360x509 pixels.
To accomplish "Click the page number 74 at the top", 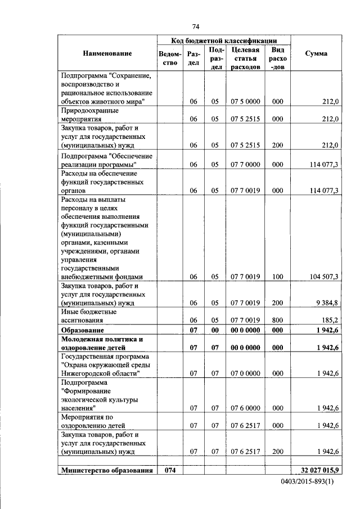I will coord(196,26).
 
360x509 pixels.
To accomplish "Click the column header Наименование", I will coord(107,53).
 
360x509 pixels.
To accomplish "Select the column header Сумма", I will coord(316,53).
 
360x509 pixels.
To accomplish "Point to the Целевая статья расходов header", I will coord(245,58).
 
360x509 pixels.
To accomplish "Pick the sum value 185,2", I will coord(329,320).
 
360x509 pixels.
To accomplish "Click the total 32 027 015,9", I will coord(317,470).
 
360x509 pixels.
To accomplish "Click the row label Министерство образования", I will coord(107,470).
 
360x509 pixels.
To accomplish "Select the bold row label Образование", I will coord(83,330).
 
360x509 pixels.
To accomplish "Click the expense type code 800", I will coord(277,320).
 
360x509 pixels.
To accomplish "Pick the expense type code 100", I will coord(277,277).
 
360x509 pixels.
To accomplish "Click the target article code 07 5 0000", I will coord(245,102).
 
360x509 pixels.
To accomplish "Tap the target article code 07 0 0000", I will coord(245,373).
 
